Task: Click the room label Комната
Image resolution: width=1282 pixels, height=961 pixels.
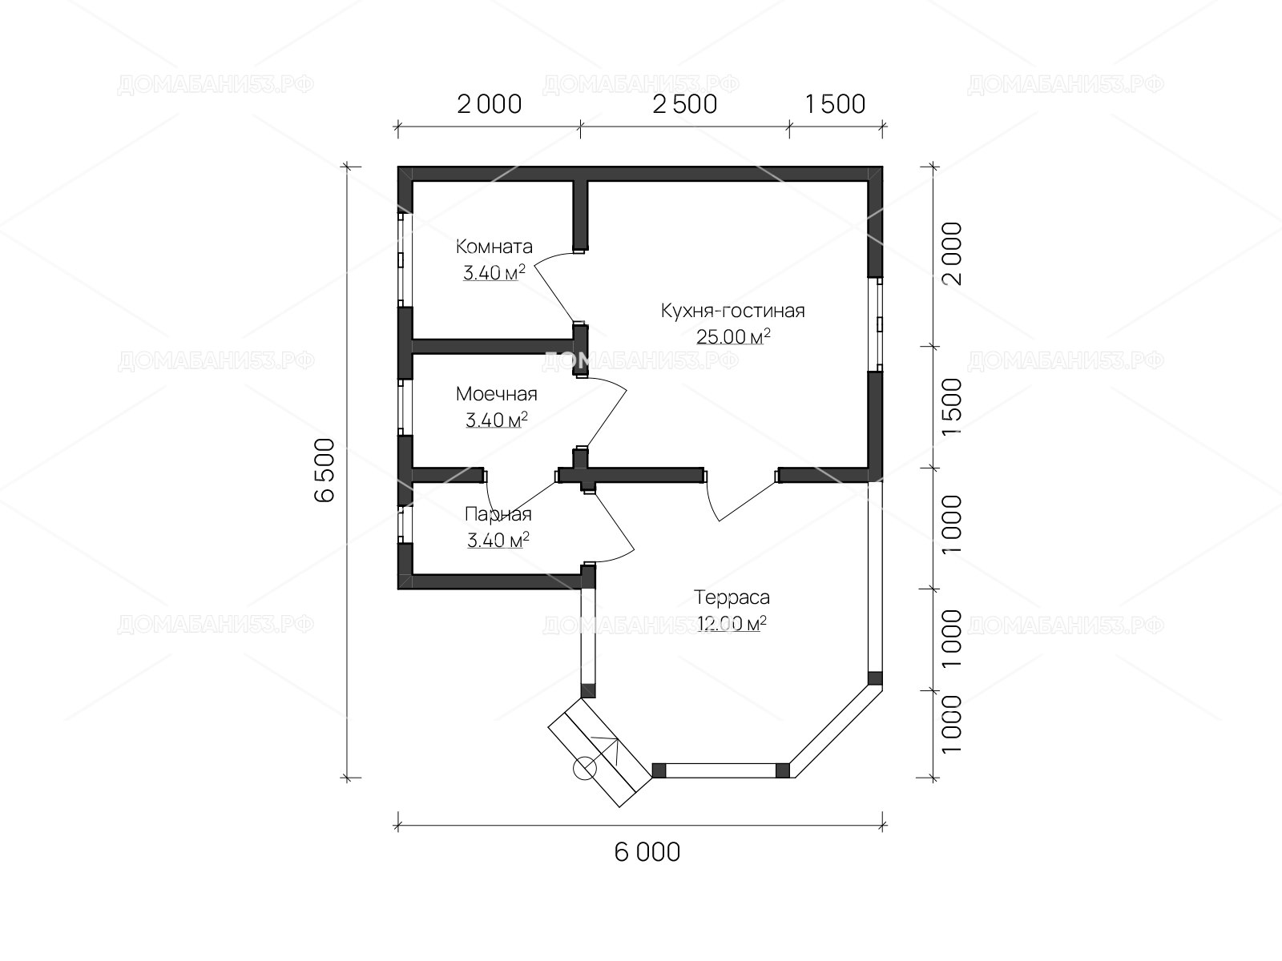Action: click(x=494, y=247)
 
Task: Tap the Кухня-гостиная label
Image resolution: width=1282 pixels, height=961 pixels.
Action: click(x=733, y=311)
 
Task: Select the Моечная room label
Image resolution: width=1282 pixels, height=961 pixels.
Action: click(x=497, y=395)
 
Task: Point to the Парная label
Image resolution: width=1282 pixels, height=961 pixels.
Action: click(x=498, y=514)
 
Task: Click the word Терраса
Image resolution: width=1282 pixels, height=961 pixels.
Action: click(x=732, y=597)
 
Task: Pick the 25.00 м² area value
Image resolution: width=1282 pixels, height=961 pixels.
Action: click(x=734, y=336)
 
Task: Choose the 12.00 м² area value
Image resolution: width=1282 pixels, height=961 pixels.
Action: click(x=732, y=623)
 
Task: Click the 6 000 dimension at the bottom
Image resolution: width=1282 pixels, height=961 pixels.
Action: click(x=647, y=852)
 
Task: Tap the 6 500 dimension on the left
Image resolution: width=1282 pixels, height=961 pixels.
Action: click(x=325, y=470)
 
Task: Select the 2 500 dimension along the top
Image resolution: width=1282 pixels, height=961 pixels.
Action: click(x=684, y=104)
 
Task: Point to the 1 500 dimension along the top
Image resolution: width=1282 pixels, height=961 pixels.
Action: click(x=835, y=104)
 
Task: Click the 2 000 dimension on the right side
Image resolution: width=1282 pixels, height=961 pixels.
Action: click(x=951, y=253)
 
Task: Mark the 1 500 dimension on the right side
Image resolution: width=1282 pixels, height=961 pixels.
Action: click(x=951, y=407)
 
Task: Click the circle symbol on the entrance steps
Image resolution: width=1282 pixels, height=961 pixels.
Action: click(x=584, y=769)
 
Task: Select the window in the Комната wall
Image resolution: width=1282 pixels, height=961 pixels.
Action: click(x=405, y=259)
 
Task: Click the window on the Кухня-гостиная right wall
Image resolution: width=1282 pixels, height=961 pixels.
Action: click(x=875, y=324)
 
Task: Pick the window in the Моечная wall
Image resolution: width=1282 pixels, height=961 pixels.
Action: click(x=405, y=408)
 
